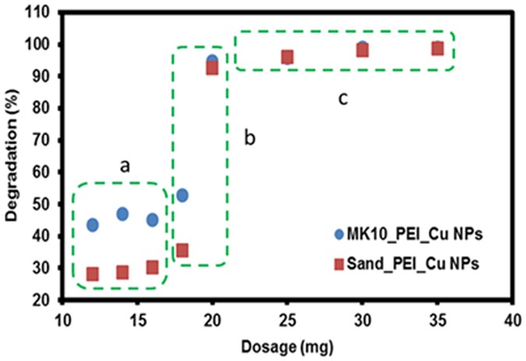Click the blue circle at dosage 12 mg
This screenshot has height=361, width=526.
click(93, 225)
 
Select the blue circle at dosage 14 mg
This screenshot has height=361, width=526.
click(122, 214)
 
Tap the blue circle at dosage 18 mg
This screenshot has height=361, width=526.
click(182, 195)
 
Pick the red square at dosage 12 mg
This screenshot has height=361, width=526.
click(93, 274)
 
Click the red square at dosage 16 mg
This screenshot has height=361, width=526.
click(153, 267)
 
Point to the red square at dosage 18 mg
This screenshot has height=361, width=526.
click(182, 250)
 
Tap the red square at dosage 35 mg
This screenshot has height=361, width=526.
click(438, 48)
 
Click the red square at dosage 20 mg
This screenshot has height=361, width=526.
click(212, 68)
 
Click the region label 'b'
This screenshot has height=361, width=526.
click(250, 138)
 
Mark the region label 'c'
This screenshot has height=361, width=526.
click(342, 98)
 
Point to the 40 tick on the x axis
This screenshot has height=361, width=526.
click(512, 320)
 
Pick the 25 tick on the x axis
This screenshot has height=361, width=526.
click(288, 320)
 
